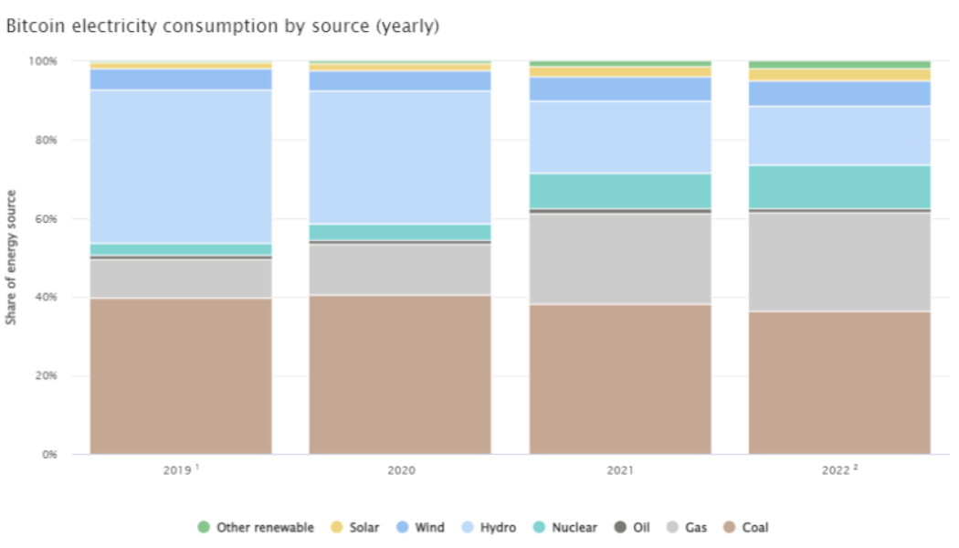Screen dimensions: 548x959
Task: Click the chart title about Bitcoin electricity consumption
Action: [223, 26]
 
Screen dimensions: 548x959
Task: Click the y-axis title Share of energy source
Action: [12, 258]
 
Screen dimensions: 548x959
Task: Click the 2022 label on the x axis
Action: [839, 470]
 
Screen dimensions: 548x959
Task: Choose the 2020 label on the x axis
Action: [400, 470]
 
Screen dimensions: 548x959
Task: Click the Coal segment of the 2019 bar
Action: [180, 375]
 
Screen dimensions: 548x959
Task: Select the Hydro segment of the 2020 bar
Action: [400, 157]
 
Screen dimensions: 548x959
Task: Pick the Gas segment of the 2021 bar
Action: [620, 258]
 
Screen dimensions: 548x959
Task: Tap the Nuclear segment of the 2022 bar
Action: [839, 186]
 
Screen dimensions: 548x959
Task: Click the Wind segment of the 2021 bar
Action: [620, 89]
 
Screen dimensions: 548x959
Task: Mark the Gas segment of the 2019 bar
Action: [180, 279]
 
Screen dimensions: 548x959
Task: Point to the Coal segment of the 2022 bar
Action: [839, 383]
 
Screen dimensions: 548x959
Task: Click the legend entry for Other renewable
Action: [256, 527]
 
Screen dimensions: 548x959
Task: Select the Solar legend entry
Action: [357, 527]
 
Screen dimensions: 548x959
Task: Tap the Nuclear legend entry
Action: [565, 527]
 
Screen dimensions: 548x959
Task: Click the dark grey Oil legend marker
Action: [619, 527]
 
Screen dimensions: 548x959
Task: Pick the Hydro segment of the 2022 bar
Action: [839, 135]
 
